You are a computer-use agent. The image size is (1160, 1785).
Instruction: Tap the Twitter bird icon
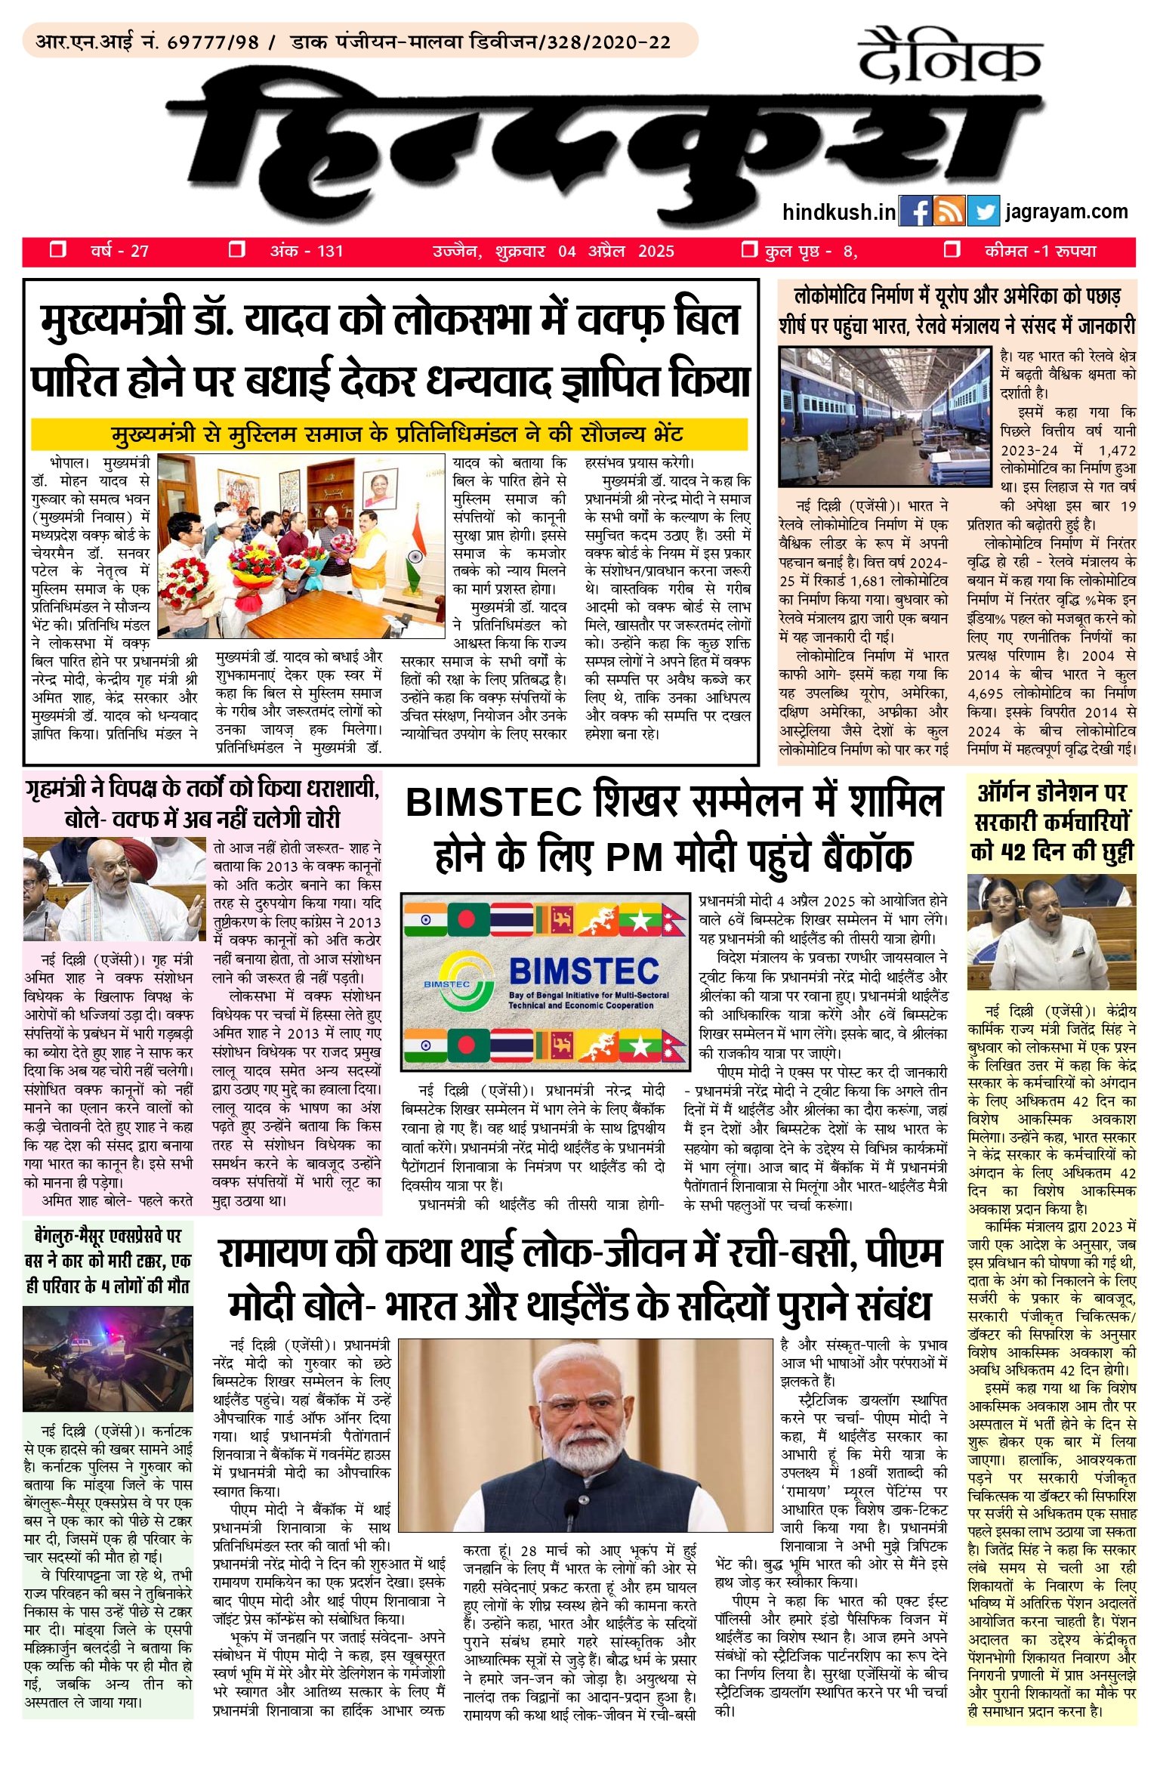983,212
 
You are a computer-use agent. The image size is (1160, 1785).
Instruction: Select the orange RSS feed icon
949,212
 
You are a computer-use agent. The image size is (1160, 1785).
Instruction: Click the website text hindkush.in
838,212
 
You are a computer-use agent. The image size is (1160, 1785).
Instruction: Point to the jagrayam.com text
1066,212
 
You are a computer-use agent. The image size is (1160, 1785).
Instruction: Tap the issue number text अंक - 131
306,251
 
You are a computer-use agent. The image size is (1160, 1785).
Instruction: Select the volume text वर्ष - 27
119,251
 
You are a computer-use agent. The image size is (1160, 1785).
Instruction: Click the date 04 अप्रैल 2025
615,252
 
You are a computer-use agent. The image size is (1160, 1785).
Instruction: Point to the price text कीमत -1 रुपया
1040,251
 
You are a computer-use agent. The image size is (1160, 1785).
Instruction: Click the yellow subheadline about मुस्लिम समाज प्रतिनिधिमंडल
396,434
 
